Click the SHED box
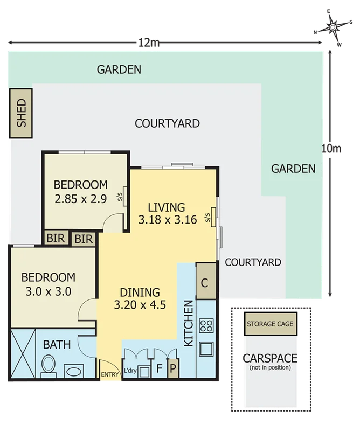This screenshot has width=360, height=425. point(21,112)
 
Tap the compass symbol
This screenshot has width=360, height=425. point(333,26)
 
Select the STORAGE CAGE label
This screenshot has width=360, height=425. point(270,324)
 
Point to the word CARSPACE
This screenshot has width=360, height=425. point(270,358)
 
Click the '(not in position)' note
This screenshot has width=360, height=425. point(270,367)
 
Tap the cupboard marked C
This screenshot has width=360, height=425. point(205,281)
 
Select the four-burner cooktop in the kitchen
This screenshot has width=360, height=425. point(206,325)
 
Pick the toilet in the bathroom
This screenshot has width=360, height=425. point(49,365)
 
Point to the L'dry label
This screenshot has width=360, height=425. point(130,371)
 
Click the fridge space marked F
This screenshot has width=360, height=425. point(158,370)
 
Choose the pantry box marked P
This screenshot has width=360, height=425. point(173,370)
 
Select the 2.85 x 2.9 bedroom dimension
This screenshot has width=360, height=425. point(80,198)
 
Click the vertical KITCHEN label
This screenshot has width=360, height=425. point(189,323)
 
